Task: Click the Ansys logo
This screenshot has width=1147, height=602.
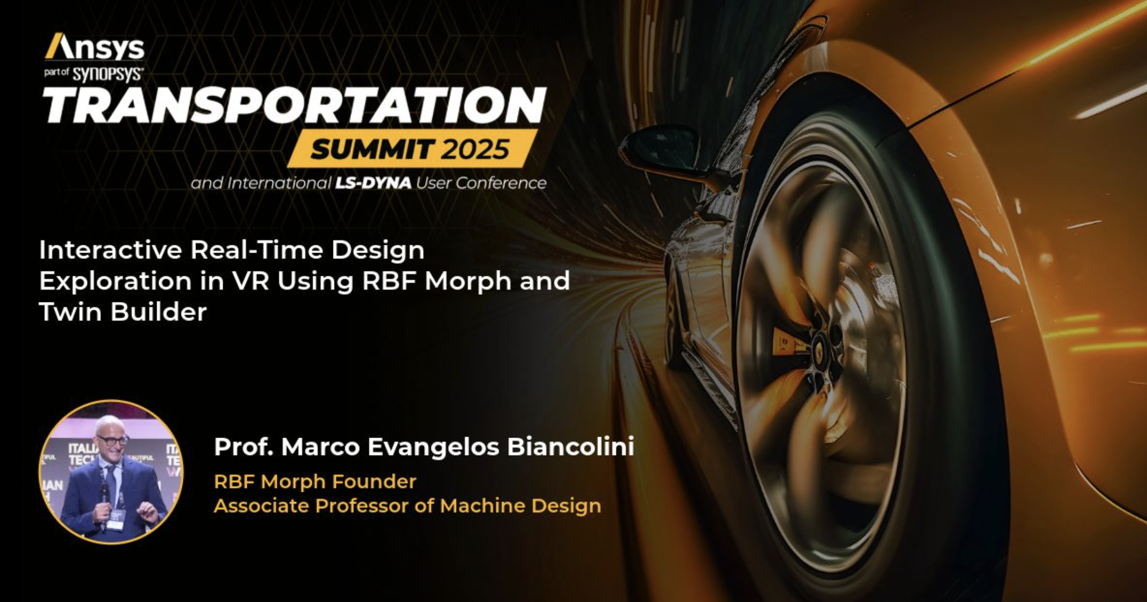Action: point(95,47)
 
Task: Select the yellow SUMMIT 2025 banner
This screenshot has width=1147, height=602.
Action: point(410,148)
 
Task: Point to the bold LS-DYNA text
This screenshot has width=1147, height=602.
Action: point(374,183)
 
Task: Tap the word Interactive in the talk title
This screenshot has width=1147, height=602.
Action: point(111,250)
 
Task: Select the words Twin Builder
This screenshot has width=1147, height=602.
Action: point(123,312)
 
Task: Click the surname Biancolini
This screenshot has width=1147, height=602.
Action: point(570,447)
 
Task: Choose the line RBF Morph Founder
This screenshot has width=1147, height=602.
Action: point(315,481)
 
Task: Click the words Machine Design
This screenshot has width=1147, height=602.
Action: point(520,506)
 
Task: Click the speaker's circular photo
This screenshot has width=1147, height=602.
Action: point(111,472)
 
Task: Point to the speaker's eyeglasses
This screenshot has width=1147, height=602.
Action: point(112,440)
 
